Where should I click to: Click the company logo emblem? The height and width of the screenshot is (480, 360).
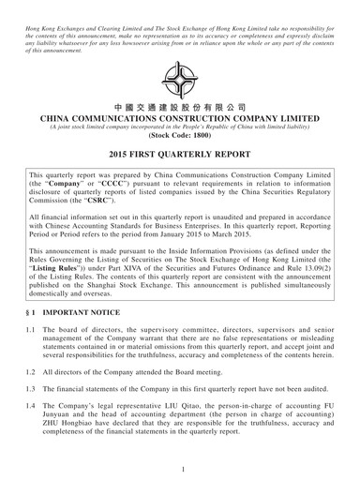179,80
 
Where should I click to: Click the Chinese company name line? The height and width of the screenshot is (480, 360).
179,108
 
